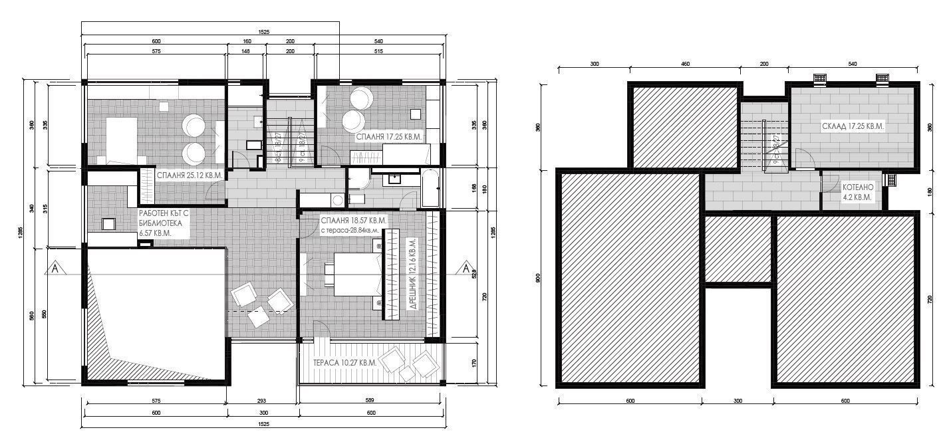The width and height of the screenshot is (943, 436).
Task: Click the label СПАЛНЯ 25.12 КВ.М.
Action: (189, 176)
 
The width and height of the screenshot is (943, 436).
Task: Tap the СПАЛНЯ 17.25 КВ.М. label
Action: (390, 137)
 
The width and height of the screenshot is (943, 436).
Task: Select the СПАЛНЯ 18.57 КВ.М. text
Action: (353, 220)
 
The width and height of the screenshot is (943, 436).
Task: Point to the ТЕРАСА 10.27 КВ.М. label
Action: (344, 363)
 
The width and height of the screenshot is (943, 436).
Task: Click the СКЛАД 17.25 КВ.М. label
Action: (853, 126)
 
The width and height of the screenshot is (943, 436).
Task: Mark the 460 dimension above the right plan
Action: (685, 64)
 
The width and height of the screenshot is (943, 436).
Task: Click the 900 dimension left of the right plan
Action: (539, 277)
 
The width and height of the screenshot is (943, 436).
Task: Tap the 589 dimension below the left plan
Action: (370, 401)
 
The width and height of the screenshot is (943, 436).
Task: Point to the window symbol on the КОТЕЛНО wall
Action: (892, 179)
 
